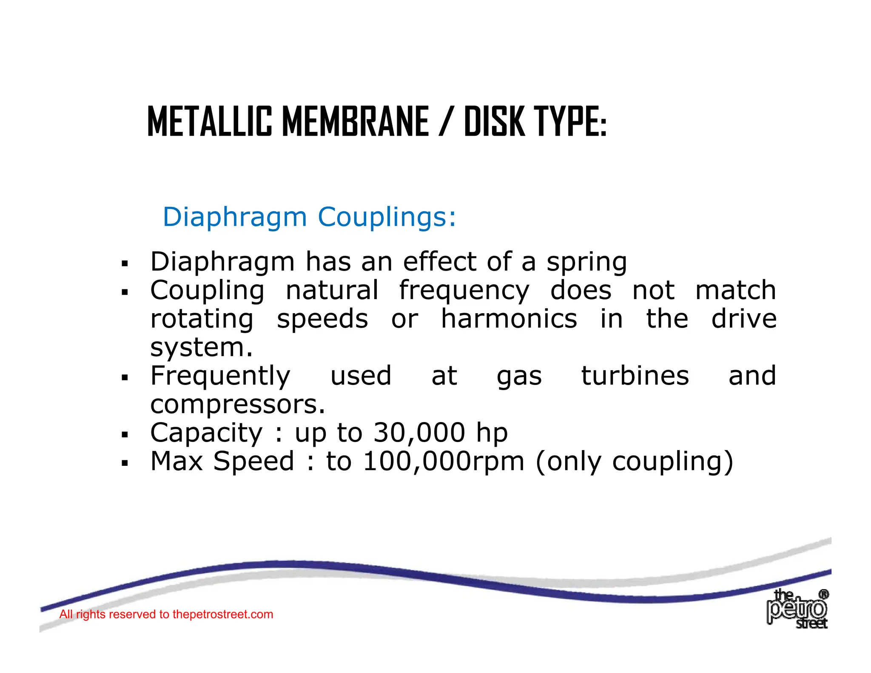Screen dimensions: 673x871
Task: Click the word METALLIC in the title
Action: click(209, 122)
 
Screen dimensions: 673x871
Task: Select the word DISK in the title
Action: click(494, 122)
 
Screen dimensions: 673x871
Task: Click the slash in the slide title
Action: click(445, 122)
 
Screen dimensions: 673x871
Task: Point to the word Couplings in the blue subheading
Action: click(387, 217)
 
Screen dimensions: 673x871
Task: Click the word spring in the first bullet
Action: click(586, 262)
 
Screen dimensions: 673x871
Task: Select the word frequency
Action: click(464, 291)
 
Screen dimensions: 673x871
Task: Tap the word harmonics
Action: click(509, 319)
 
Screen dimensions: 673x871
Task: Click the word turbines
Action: click(635, 376)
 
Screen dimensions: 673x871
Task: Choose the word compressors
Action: click(238, 405)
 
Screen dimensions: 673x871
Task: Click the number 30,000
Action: click(419, 433)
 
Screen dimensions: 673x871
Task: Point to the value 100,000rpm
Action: click(444, 462)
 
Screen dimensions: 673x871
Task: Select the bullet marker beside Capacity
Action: click(125, 435)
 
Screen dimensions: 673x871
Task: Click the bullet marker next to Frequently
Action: click(125, 377)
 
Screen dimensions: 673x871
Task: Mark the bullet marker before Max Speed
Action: click(125, 463)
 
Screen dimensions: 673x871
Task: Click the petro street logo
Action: click(797, 609)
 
